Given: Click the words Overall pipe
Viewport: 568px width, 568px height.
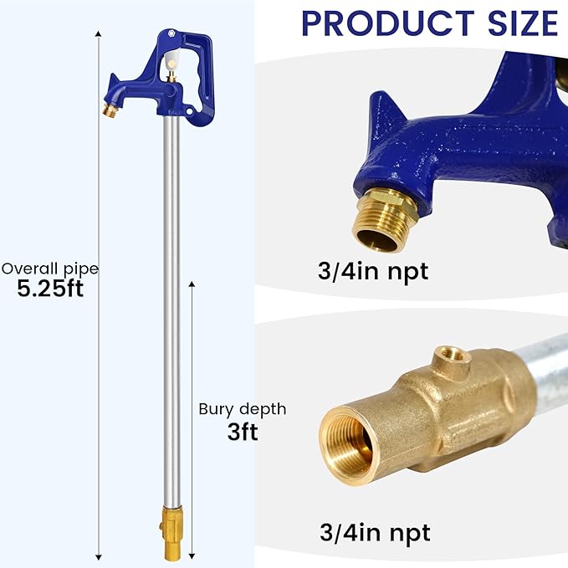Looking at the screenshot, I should click(x=49, y=269).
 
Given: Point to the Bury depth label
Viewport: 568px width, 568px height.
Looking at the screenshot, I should click(x=242, y=409).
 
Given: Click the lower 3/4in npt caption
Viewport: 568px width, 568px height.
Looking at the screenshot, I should click(x=376, y=531).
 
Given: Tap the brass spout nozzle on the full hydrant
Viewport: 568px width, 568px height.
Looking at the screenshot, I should click(x=110, y=110).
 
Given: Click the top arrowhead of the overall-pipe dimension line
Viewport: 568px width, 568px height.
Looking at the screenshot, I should click(x=99, y=35).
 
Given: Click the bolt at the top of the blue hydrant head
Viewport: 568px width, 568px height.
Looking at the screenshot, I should click(x=171, y=34).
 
